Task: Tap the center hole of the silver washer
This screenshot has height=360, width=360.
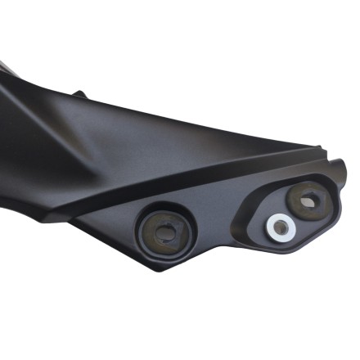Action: click(281, 227)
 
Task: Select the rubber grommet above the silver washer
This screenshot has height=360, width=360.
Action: click(308, 200)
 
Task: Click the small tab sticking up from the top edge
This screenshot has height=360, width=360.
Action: click(79, 94)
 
